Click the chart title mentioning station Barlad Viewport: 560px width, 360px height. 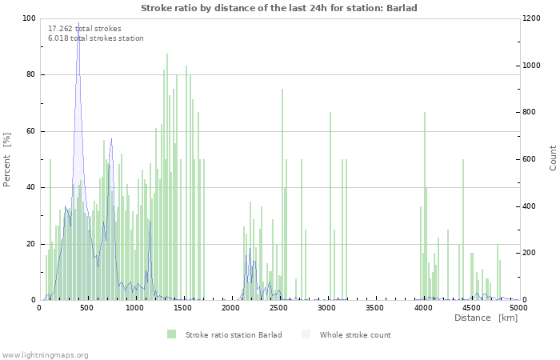pos(279,8)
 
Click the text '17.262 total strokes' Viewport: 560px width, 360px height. pos(85,29)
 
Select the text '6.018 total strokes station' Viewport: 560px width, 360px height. pos(96,38)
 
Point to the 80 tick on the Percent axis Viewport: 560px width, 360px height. pos(30,74)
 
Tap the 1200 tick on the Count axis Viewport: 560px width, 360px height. pos(531,18)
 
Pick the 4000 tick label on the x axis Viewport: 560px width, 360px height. pos(423,308)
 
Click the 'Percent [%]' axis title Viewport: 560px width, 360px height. pos(6,159)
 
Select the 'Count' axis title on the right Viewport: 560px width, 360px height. pos(553,158)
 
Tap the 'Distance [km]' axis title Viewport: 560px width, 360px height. pos(486,318)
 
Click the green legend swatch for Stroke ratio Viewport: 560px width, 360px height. pos(171,334)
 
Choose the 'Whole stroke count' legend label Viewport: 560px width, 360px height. pos(355,334)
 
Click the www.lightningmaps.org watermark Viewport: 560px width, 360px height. pos(44,355)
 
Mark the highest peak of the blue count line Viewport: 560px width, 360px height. pos(78,22)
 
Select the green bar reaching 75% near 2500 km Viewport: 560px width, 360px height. pos(282,194)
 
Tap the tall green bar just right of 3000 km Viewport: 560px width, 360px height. pos(330,206)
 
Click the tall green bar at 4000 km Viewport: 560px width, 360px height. pos(425,206)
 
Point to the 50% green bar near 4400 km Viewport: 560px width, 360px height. pos(463,230)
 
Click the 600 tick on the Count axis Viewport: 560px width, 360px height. pos(530,159)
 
